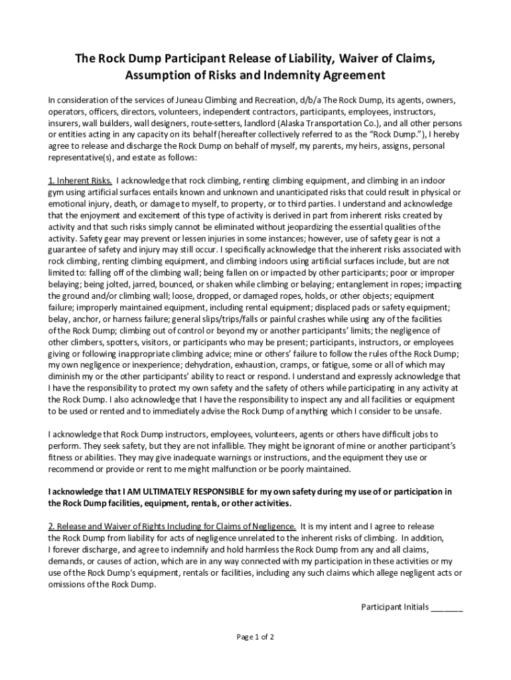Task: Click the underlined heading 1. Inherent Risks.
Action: tap(80, 181)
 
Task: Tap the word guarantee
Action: tap(71, 250)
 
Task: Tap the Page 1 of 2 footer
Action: tap(256, 637)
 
